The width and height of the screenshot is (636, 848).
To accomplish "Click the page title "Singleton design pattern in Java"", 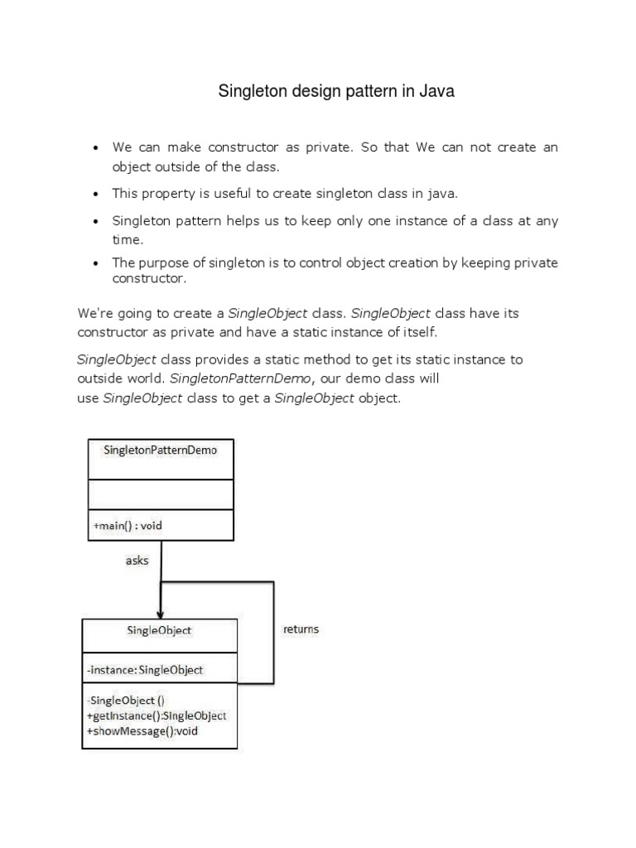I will point(336,92).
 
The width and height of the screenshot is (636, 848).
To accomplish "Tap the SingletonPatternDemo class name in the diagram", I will point(160,450).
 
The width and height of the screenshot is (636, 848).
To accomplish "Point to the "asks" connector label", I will point(137,561).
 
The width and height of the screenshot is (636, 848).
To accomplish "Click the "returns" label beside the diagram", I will point(301,629).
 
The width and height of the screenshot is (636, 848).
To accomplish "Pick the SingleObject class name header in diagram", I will point(159,630).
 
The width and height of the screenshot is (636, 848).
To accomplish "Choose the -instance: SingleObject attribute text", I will point(145,669).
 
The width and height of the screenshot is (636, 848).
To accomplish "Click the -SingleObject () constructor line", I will point(126,701).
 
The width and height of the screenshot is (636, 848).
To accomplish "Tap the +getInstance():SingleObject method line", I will point(157,715).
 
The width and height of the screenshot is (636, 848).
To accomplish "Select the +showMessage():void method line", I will point(142,731).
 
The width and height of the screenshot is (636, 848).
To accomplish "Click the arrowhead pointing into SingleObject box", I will point(161,613).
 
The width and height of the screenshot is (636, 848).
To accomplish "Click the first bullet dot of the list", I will point(96,148).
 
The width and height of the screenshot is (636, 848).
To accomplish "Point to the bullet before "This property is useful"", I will point(96,194).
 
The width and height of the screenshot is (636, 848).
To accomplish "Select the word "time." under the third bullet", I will point(128,239).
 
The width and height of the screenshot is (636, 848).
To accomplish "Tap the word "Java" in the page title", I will point(438,92).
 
